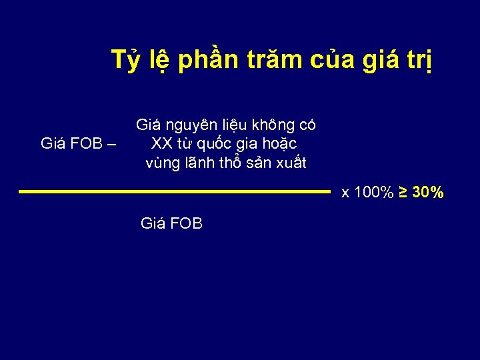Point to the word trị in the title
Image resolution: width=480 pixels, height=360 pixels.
coord(421,61)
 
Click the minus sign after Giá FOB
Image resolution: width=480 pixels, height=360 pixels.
coord(111,143)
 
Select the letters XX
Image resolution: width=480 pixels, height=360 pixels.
coord(162,143)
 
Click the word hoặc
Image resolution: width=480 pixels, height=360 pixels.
coord(280,144)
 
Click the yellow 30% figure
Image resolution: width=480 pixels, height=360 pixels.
coord(429,193)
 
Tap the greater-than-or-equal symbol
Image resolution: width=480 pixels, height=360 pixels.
coord(404,193)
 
